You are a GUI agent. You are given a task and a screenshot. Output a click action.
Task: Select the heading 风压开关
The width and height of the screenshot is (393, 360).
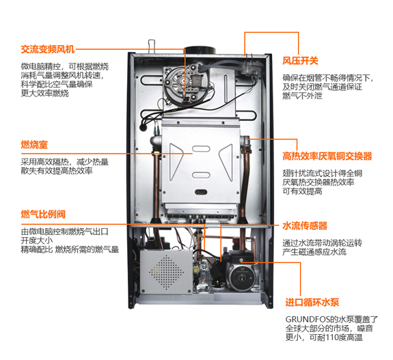(x=300, y=61)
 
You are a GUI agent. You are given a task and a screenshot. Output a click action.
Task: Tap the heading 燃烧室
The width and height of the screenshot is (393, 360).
(x=33, y=146)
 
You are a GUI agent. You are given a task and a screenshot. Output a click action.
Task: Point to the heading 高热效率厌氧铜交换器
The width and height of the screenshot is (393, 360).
(x=327, y=156)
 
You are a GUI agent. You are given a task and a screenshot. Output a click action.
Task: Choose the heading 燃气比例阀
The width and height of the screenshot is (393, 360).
(x=43, y=215)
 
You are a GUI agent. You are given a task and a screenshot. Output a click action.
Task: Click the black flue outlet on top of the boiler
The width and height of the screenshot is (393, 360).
(x=200, y=50)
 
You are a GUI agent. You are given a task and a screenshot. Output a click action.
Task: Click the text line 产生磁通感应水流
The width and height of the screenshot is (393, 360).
(x=314, y=253)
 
